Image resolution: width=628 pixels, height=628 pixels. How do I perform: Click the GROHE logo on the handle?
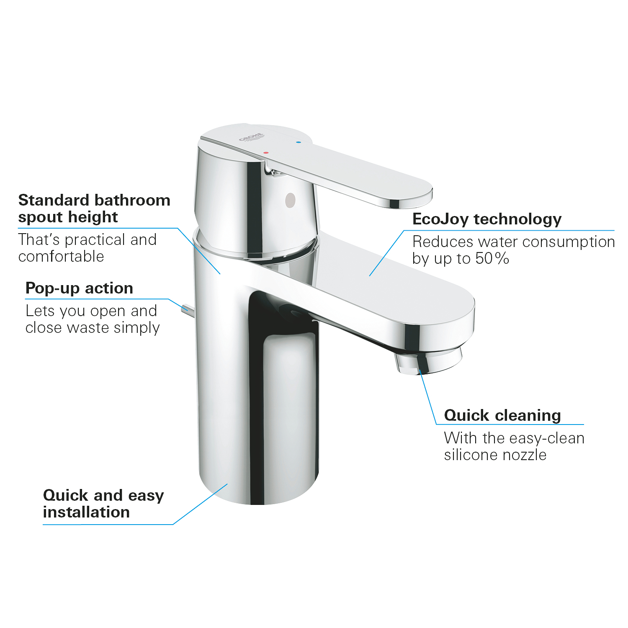click(x=252, y=138)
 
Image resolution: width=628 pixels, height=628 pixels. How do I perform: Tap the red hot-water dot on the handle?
click(x=266, y=153)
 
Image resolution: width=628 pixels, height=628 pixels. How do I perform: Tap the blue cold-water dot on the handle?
click(x=298, y=142)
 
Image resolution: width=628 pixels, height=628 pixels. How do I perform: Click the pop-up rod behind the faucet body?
click(x=187, y=310)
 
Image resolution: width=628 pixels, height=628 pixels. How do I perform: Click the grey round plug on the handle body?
click(x=290, y=200)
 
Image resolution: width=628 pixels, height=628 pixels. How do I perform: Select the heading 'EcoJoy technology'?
click(x=487, y=219)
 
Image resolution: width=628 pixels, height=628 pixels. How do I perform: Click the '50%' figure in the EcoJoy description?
click(x=492, y=258)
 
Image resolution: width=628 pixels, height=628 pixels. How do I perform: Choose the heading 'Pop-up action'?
click(x=79, y=288)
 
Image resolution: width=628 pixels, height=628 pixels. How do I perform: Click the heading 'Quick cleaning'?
click(x=502, y=415)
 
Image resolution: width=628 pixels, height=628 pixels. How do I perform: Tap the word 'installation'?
click(x=86, y=512)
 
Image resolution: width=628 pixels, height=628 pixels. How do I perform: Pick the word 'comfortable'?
click(x=61, y=256)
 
